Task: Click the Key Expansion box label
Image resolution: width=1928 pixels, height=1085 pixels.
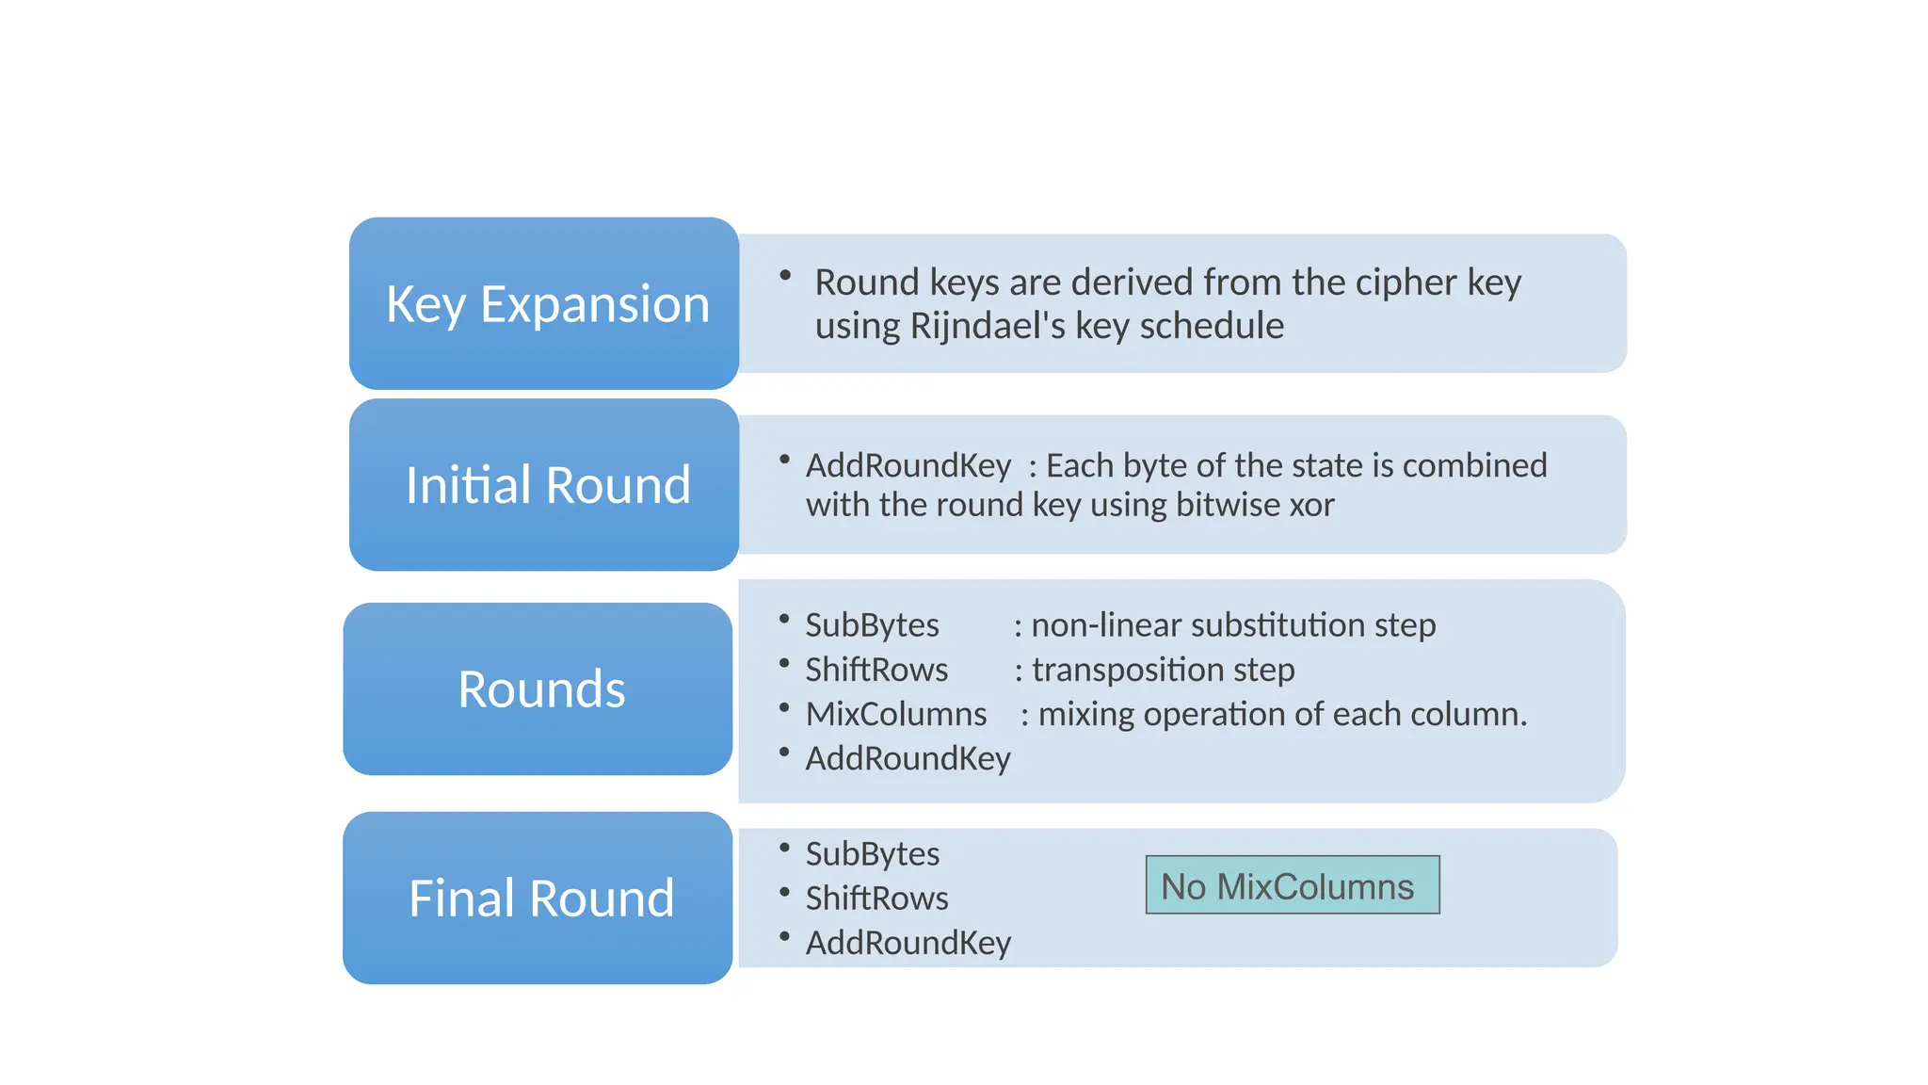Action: pyautogui.click(x=547, y=304)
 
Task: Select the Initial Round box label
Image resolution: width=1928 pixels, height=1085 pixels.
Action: pyautogui.click(x=547, y=485)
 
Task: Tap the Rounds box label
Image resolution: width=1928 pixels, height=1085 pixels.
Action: pyautogui.click(x=541, y=689)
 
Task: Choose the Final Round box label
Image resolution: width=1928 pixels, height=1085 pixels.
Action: pyautogui.click(x=541, y=899)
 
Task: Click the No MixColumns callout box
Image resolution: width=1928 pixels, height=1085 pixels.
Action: pyautogui.click(x=1292, y=885)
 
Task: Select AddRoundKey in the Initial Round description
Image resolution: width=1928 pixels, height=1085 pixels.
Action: pyautogui.click(x=908, y=465)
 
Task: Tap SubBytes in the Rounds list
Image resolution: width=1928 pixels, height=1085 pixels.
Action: pyautogui.click(x=872, y=625)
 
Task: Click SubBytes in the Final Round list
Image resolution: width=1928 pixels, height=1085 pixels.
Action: pyautogui.click(x=872, y=854)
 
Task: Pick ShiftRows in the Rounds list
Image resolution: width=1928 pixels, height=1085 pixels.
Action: pyautogui.click(x=876, y=670)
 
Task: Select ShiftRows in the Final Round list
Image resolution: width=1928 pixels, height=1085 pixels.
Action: pyautogui.click(x=876, y=899)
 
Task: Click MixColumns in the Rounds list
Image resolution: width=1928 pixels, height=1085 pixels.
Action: pyautogui.click(x=895, y=714)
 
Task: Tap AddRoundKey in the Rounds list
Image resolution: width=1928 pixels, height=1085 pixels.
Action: pyautogui.click(x=908, y=758)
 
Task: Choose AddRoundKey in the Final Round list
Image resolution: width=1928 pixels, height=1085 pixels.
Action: pyautogui.click(x=908, y=943)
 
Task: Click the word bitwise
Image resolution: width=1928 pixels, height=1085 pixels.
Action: pyautogui.click(x=1228, y=505)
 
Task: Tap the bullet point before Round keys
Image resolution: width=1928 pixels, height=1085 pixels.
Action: pyautogui.click(x=784, y=275)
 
